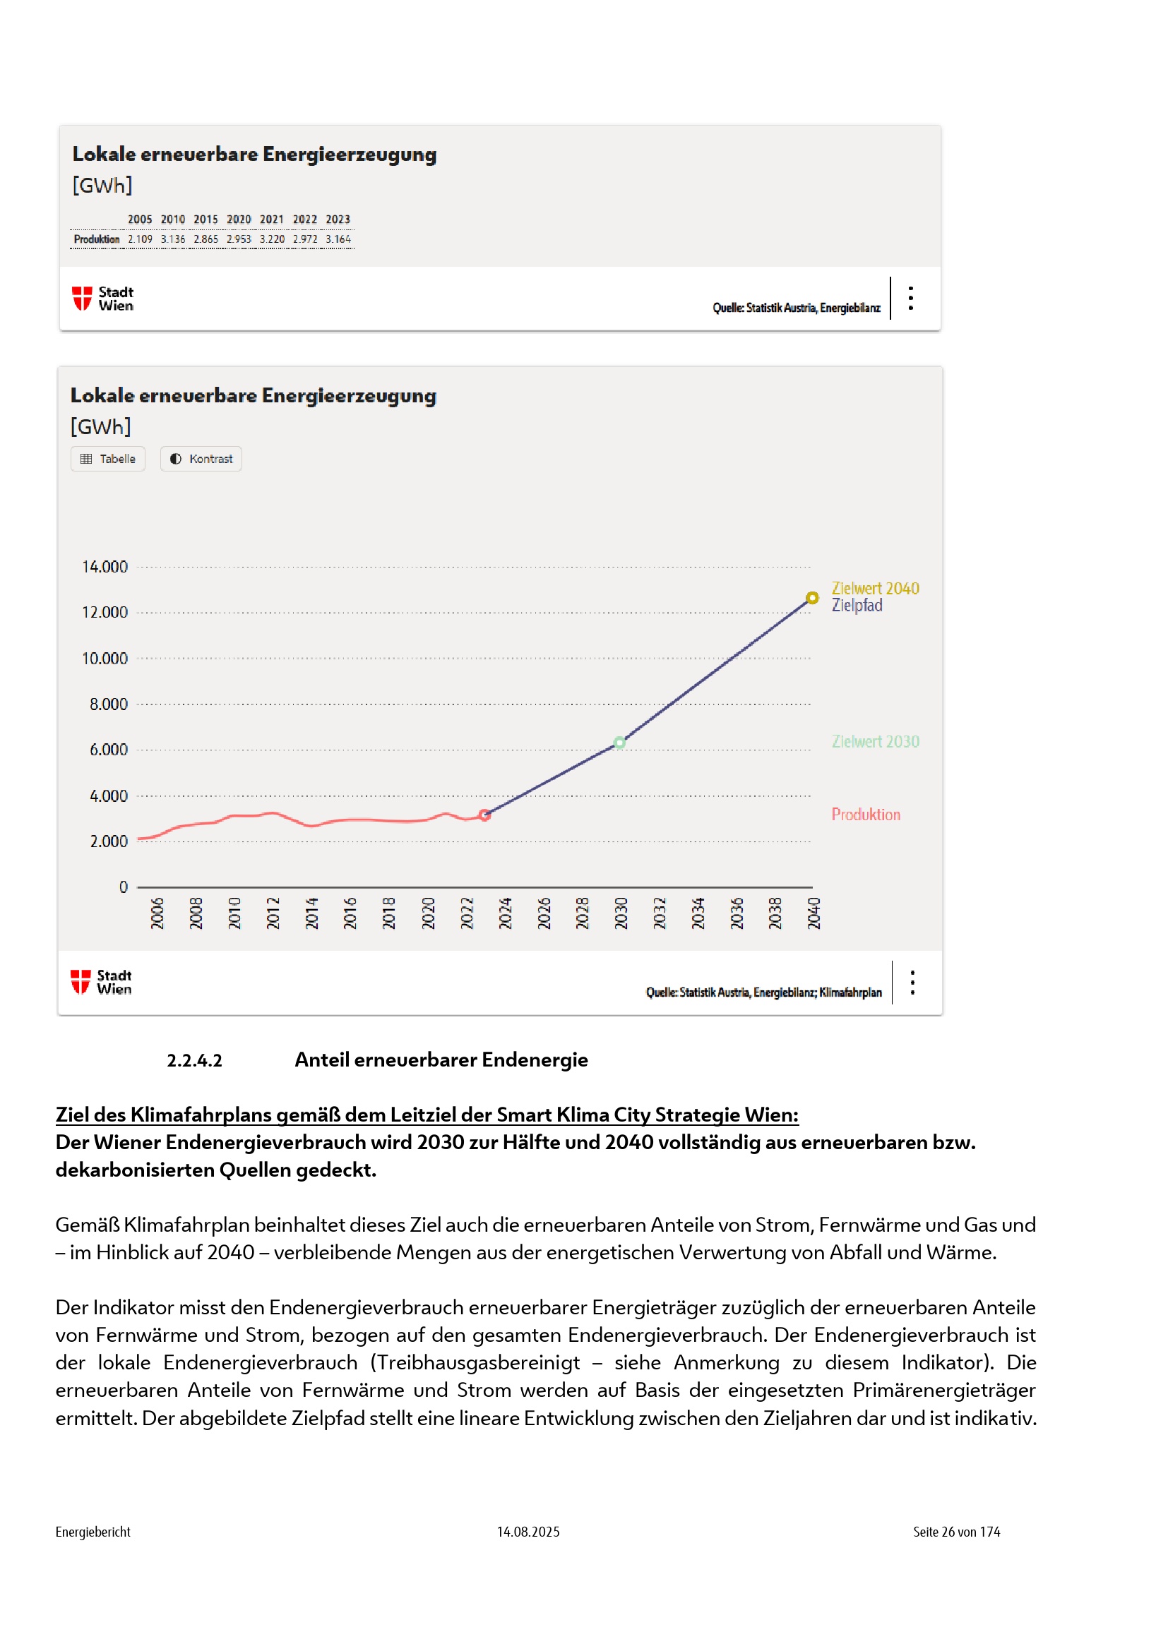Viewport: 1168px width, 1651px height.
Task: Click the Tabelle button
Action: pos(108,459)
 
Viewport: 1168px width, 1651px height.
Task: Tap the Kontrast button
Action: pos(201,459)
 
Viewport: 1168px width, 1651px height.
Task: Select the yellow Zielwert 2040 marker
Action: pos(812,598)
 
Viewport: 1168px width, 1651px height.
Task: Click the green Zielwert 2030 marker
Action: pos(619,743)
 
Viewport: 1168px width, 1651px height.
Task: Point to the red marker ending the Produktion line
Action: pos(484,815)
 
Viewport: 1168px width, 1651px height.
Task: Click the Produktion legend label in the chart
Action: pos(865,814)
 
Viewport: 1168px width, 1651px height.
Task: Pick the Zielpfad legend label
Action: pos(857,606)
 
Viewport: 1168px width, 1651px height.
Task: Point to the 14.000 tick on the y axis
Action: pos(105,567)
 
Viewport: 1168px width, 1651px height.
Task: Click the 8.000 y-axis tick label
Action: pos(109,704)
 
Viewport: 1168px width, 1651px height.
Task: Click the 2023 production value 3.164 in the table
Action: pos(338,239)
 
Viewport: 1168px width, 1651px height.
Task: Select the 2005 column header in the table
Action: pos(141,220)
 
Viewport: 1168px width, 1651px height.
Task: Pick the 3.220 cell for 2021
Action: pos(272,239)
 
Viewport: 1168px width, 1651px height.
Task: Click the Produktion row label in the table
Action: pos(97,239)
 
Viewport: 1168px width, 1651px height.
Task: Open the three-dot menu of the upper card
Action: pos(910,298)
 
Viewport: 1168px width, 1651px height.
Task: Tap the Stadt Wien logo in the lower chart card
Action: pos(102,982)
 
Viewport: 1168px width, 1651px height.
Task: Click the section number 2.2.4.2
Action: pos(194,1060)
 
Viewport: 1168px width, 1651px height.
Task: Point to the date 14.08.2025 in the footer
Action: pos(528,1532)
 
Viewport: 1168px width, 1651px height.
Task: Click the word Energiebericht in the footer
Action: pos(93,1532)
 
